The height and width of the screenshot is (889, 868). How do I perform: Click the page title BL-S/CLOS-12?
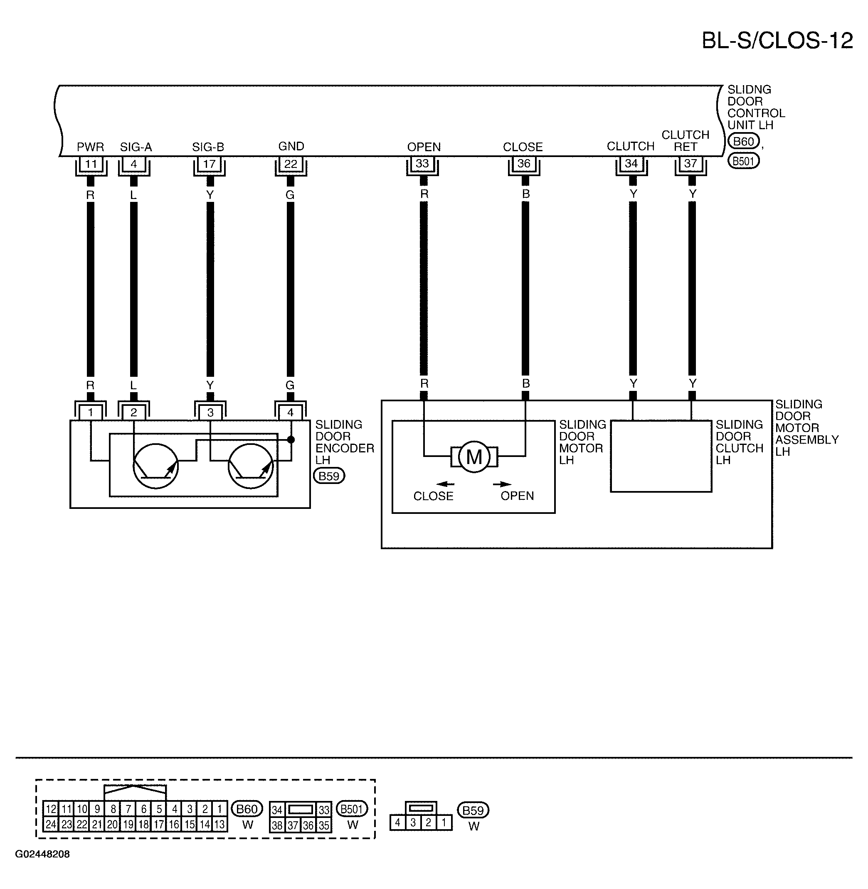tap(777, 41)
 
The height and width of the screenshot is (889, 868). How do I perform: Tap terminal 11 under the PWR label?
tap(91, 164)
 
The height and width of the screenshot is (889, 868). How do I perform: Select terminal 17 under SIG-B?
tap(209, 164)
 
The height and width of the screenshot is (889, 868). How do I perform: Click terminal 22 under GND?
tap(291, 164)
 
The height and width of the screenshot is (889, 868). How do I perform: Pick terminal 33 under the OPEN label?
tap(422, 164)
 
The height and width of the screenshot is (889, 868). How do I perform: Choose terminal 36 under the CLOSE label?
tap(524, 164)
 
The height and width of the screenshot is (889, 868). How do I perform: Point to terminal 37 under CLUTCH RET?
tap(690, 164)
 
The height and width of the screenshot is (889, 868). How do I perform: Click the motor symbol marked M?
tap(475, 456)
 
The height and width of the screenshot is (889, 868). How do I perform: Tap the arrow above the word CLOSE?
tap(445, 484)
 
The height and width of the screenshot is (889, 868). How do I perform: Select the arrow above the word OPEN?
tap(502, 484)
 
